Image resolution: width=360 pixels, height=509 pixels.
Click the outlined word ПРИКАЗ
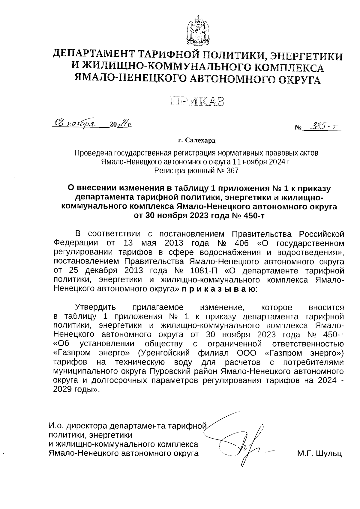tap(197, 101)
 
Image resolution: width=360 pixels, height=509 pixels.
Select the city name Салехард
tap(200, 140)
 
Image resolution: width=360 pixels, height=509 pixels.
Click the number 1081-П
tap(205, 271)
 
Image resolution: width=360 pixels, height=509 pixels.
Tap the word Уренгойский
tap(169, 353)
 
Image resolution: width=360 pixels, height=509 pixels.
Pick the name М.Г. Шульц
tap(319, 454)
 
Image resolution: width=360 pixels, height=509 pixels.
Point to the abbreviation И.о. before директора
tap(57, 426)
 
